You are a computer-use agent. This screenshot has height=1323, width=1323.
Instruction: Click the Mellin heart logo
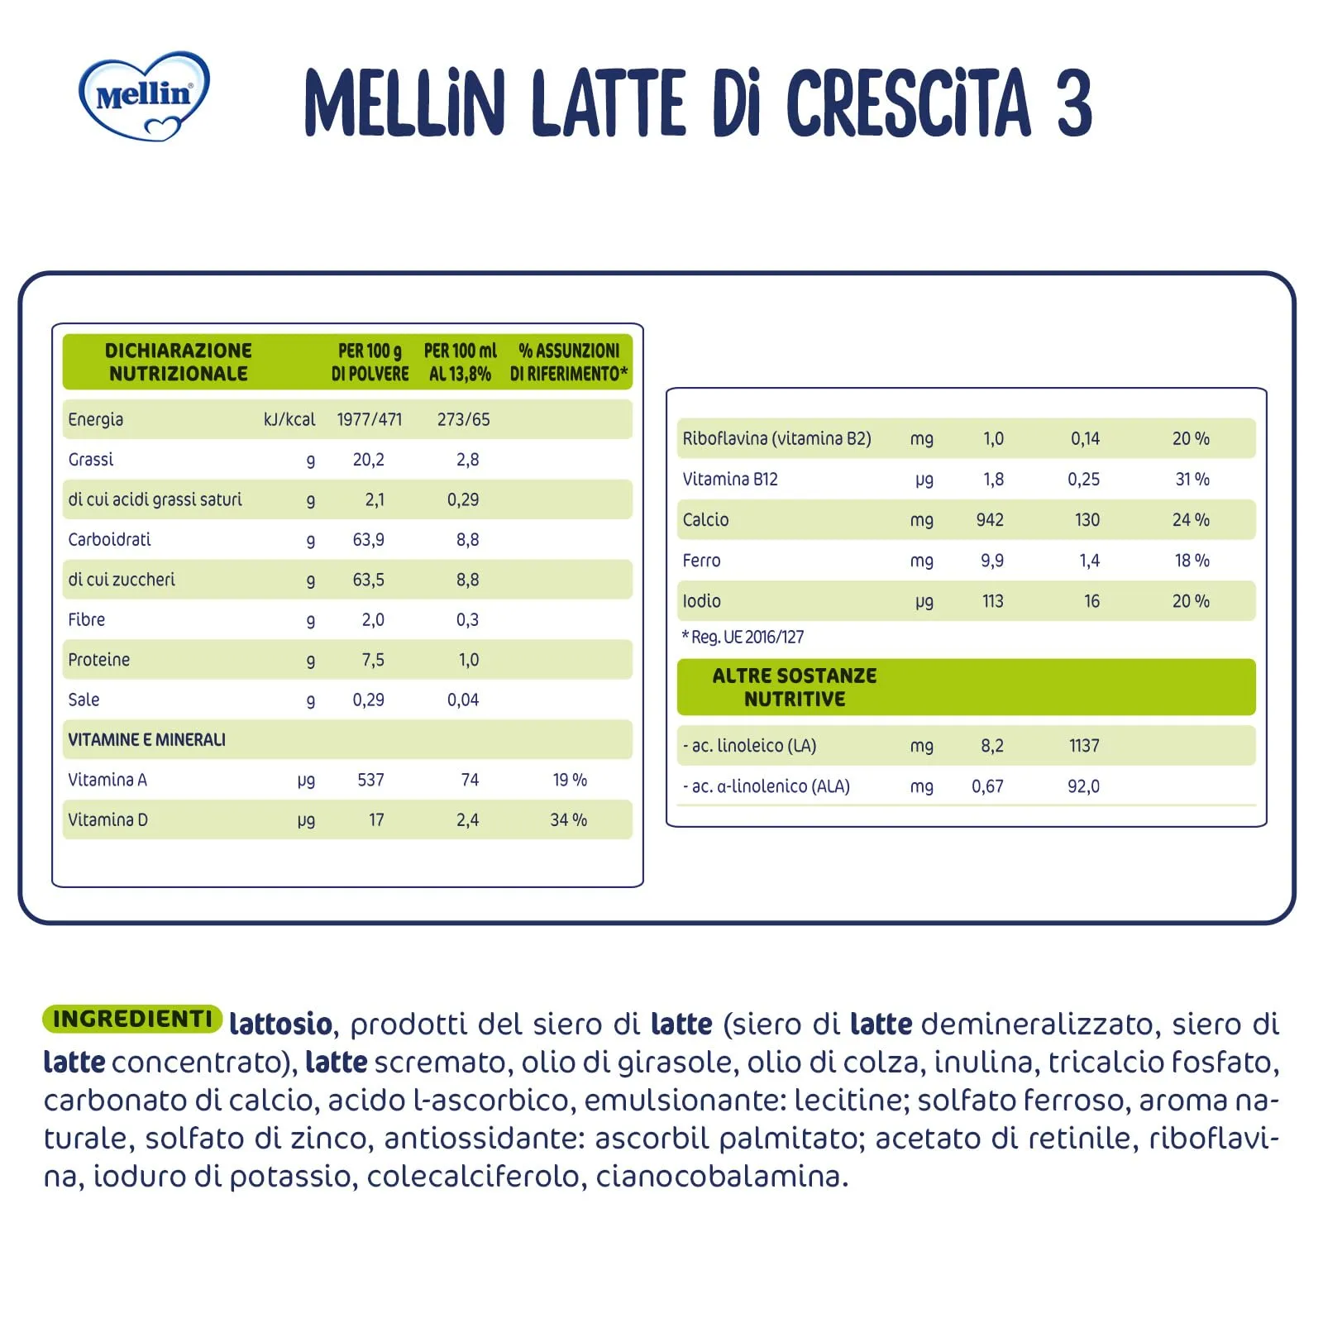click(144, 96)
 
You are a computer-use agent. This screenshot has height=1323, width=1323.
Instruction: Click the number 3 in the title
click(1073, 103)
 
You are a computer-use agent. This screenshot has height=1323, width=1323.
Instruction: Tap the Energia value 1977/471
click(369, 419)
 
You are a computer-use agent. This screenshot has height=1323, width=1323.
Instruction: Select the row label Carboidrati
click(109, 540)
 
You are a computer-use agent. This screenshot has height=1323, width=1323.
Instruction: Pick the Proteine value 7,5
click(372, 660)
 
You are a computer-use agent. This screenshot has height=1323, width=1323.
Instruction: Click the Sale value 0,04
click(463, 700)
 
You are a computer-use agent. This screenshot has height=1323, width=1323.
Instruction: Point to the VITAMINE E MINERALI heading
click(146, 740)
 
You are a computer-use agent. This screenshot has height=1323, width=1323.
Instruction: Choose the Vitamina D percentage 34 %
click(568, 820)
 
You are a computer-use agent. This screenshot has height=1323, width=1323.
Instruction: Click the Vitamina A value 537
click(370, 780)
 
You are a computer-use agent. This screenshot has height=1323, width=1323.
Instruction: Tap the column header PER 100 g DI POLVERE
click(370, 362)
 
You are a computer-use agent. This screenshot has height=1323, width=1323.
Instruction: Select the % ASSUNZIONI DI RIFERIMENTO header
click(568, 362)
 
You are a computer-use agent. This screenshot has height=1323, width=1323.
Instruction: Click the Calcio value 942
click(990, 520)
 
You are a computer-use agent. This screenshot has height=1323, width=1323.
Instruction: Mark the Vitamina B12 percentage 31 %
click(1192, 480)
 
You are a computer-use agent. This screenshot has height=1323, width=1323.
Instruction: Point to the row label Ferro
click(701, 561)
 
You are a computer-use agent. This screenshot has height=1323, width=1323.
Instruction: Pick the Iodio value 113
click(992, 601)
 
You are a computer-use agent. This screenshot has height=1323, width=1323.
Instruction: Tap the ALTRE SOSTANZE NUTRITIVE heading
click(794, 687)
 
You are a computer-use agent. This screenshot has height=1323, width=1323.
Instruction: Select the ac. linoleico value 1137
click(1084, 746)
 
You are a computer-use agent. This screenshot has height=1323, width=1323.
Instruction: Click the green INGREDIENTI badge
click(132, 1019)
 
